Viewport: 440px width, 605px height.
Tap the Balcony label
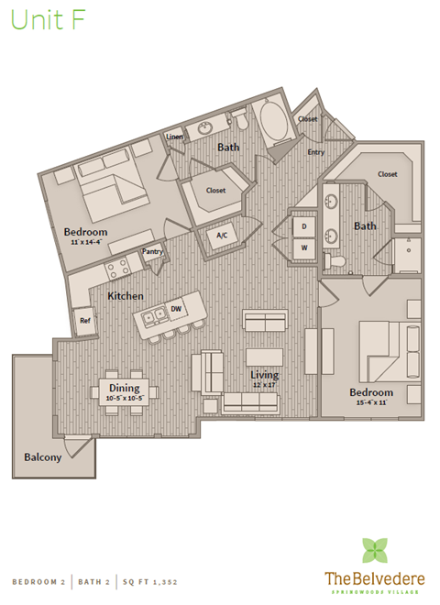[x=43, y=456]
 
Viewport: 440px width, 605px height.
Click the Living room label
[x=265, y=375]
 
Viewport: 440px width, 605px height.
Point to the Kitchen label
[x=126, y=296]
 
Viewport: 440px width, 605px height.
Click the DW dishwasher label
[x=178, y=310]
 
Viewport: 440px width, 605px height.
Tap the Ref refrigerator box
[x=85, y=321]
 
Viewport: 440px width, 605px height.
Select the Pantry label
[x=152, y=252]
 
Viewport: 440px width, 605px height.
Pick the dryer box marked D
[x=303, y=225]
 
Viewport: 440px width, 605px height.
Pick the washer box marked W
[x=303, y=247]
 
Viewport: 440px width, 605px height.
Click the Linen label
[x=174, y=137]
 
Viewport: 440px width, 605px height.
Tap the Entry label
[x=316, y=151]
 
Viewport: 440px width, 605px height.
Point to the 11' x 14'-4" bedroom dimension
[x=86, y=243]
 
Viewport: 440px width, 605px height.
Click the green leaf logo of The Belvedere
[x=374, y=550]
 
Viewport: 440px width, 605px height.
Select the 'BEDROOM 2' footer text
[x=39, y=581]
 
